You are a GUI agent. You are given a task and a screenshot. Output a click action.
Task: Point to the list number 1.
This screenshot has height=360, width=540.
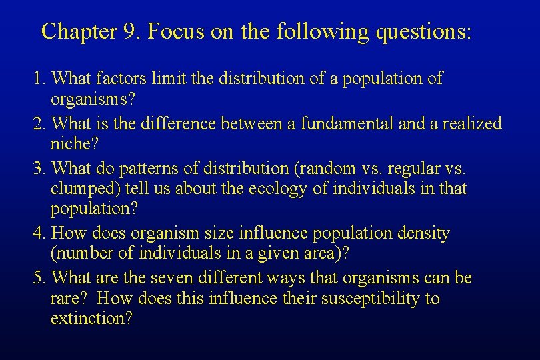coord(39,79)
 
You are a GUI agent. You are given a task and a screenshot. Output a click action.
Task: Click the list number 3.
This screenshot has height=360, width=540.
coord(39,169)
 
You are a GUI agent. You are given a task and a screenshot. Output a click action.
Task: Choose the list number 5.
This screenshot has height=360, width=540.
coord(39,278)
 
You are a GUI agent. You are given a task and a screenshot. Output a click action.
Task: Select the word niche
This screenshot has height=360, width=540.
coord(69,143)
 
